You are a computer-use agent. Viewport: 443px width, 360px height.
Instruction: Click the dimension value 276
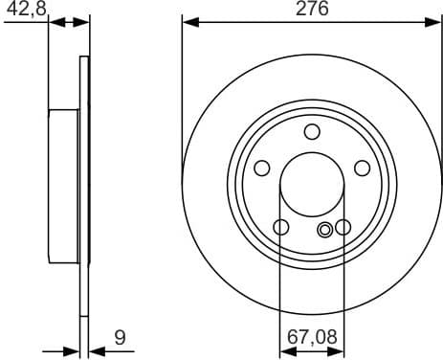[x=311, y=10]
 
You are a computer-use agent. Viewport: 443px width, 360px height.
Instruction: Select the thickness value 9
[x=119, y=336]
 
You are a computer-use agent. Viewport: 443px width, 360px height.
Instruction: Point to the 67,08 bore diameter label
[x=311, y=336]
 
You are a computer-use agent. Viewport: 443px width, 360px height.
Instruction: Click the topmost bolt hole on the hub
[x=312, y=132]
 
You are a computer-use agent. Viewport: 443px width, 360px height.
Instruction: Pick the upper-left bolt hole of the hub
[x=261, y=169]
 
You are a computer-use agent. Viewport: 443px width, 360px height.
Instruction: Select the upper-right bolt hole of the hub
[x=362, y=169]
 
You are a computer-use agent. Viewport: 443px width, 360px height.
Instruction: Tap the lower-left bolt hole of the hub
[x=281, y=227]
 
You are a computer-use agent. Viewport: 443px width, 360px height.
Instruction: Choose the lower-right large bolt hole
[x=343, y=227]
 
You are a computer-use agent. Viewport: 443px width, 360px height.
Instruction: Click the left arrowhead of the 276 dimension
[x=188, y=21]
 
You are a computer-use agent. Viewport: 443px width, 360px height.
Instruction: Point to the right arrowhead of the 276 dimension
[x=436, y=21]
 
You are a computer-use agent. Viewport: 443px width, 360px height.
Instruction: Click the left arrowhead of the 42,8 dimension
[x=53, y=21]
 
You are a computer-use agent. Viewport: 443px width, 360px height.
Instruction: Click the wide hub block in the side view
[x=63, y=187]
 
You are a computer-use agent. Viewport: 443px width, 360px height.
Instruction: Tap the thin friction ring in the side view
[x=84, y=187]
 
